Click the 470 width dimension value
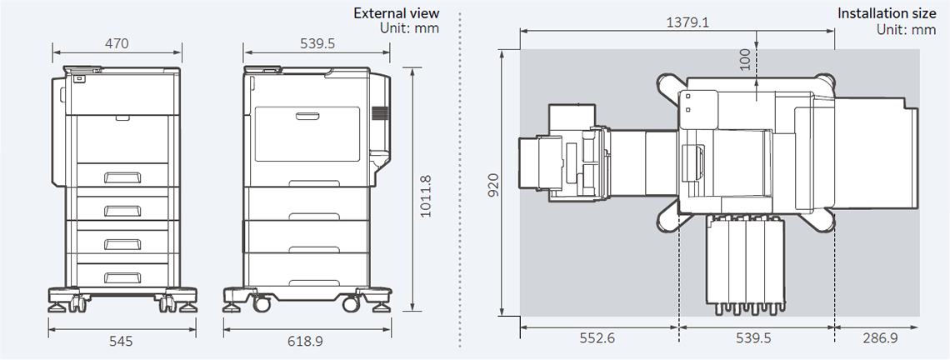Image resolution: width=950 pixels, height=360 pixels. coord(117,43)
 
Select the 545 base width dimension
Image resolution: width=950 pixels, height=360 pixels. coord(122,341)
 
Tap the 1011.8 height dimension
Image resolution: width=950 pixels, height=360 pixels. coord(426,196)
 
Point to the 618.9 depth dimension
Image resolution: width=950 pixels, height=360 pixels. coord(307,341)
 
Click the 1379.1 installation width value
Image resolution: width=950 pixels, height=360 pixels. coord(687,22)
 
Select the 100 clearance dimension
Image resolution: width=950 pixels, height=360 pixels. coord(744,57)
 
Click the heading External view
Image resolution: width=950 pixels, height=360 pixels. coord(396,13)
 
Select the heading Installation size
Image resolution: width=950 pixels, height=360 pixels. coord(887,13)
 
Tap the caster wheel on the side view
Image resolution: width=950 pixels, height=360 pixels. coord(262,303)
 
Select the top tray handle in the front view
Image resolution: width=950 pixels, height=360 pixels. coord(122,176)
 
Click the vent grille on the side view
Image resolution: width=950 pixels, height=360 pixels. coord(380,115)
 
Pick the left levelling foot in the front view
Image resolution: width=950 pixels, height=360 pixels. coord(58,306)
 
